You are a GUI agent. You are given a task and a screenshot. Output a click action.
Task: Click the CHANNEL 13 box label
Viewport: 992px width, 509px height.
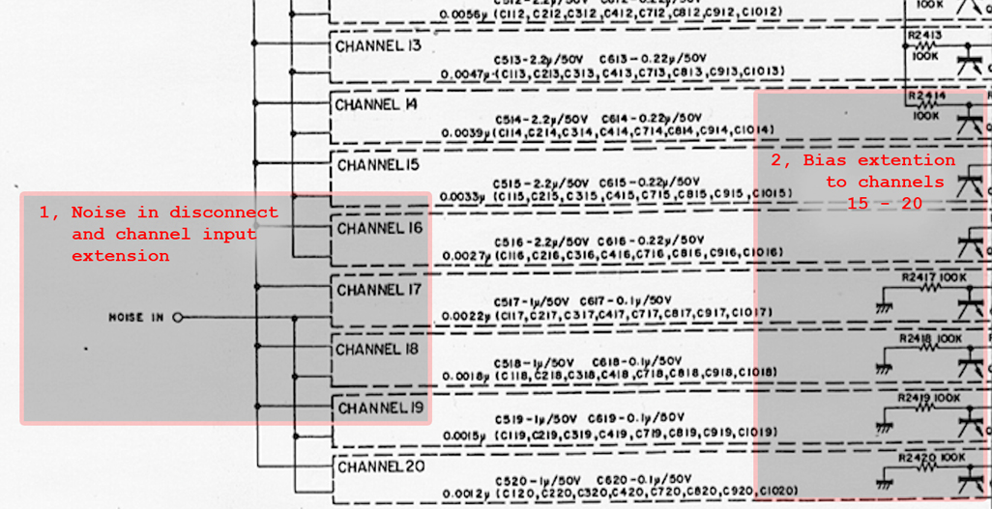click(378, 45)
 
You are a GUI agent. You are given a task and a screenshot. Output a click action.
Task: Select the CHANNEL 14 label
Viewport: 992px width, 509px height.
click(377, 104)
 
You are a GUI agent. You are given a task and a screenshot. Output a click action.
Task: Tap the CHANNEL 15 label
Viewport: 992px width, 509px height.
click(378, 165)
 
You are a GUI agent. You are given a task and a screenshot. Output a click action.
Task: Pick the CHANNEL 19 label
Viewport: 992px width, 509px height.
click(381, 409)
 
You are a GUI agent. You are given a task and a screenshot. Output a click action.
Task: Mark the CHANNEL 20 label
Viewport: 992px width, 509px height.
click(381, 467)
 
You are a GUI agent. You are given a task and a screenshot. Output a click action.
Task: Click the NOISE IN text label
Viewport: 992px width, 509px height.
click(136, 317)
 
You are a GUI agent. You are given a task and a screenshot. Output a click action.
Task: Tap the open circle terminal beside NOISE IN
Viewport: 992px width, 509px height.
click(178, 317)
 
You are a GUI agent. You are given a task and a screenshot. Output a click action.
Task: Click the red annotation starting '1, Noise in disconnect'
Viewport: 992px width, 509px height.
click(158, 234)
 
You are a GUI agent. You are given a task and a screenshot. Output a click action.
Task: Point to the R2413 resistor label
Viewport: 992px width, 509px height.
click(925, 36)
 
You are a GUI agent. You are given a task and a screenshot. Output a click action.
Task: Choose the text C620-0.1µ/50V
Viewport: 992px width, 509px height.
click(645, 479)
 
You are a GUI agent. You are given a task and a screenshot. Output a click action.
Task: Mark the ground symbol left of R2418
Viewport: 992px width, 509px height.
click(884, 366)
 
